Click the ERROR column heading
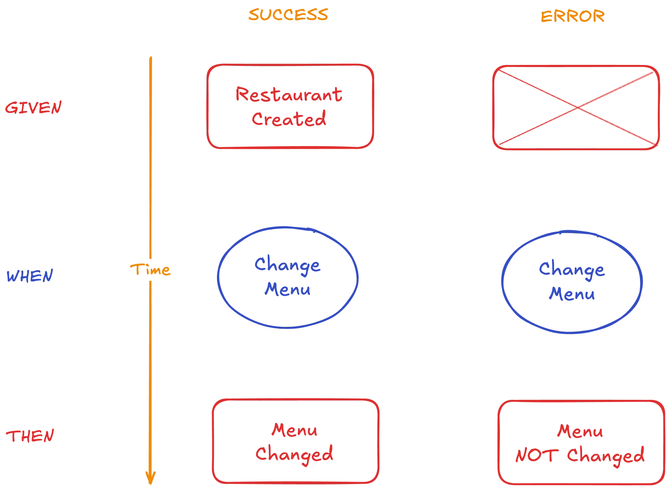coord(573,17)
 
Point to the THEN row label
coord(30,436)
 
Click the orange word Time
coord(150,270)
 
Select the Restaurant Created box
coord(290,106)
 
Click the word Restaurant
coord(289,95)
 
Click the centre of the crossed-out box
coord(576,108)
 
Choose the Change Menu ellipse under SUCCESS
coord(288,278)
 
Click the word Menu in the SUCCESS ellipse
coord(288,289)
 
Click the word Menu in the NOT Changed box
coord(580,431)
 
